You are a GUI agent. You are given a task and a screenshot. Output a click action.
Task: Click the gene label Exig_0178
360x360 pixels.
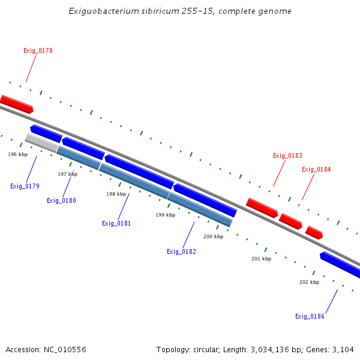click(38, 51)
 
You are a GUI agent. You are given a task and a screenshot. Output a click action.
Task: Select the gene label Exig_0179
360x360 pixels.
click(25, 186)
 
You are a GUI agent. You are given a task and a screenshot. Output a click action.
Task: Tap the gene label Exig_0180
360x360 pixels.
click(61, 200)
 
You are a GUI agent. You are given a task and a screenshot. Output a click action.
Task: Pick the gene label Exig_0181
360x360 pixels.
click(116, 223)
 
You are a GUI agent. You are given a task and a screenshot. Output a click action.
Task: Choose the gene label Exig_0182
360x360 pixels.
click(181, 251)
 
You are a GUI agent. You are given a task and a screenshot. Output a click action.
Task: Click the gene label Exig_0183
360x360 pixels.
click(287, 156)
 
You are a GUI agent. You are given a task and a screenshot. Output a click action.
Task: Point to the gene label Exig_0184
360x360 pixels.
click(316, 169)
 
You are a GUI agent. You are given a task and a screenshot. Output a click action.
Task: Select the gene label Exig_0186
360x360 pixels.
click(310, 316)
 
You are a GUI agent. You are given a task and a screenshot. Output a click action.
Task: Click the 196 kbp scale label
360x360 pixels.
click(18, 154)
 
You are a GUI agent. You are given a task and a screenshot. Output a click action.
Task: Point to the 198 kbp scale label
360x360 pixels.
click(116, 194)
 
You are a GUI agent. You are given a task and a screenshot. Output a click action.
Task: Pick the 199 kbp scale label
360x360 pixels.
click(165, 215)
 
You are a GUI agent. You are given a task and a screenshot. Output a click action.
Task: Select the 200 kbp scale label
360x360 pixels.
click(213, 236)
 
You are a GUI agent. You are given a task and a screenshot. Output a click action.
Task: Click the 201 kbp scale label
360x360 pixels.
click(261, 259)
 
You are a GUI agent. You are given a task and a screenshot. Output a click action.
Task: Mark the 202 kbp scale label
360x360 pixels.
click(309, 282)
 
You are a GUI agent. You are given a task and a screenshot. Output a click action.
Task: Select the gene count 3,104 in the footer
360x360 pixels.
click(343, 349)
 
